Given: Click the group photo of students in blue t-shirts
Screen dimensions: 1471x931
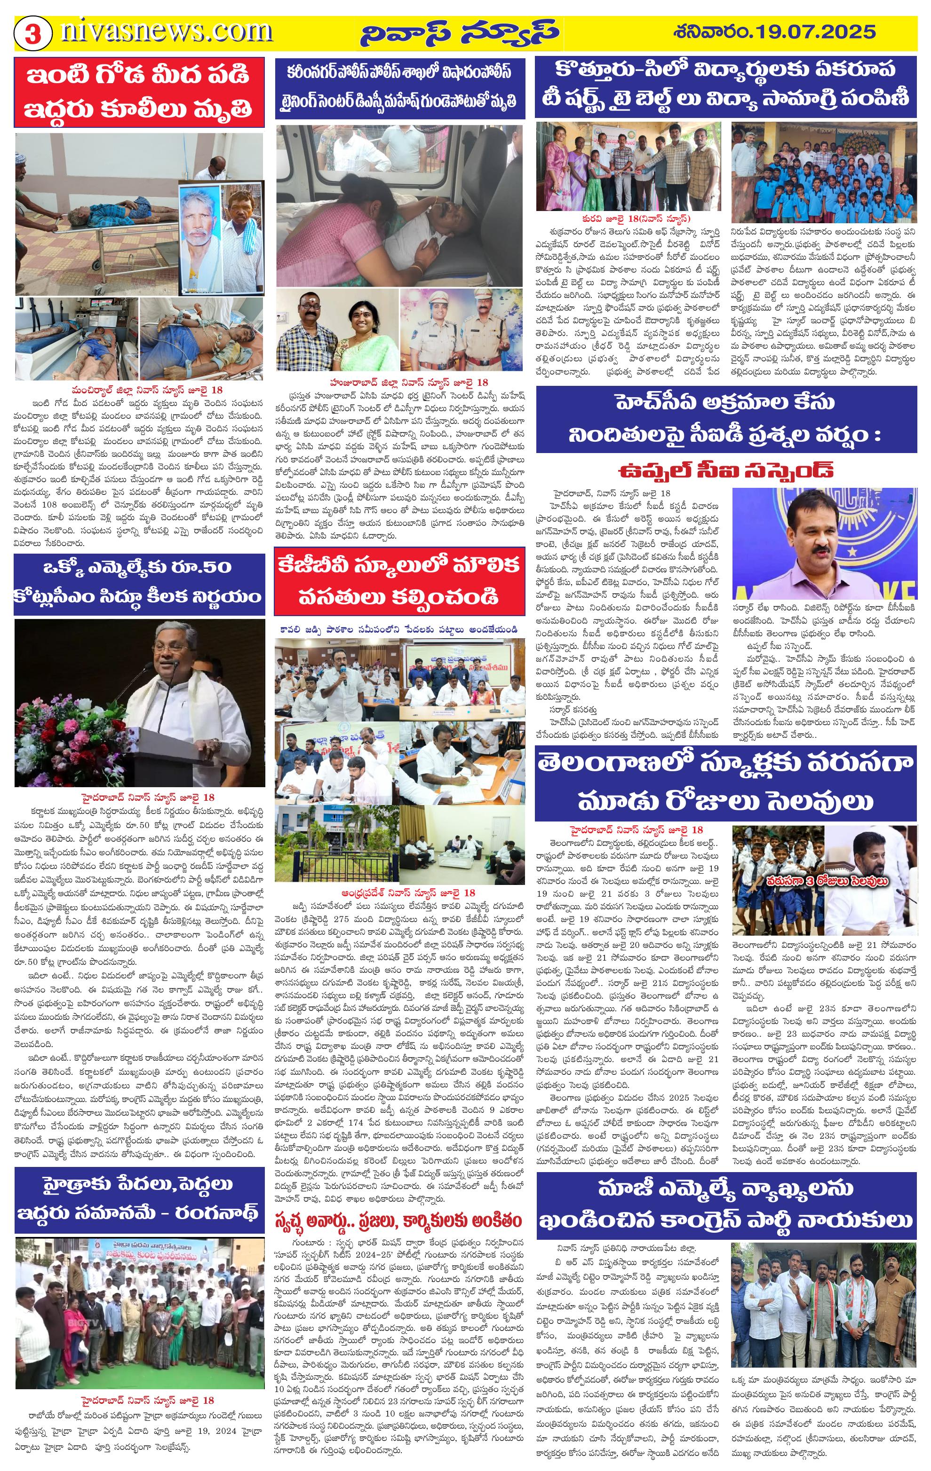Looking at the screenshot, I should click(x=824, y=173).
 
